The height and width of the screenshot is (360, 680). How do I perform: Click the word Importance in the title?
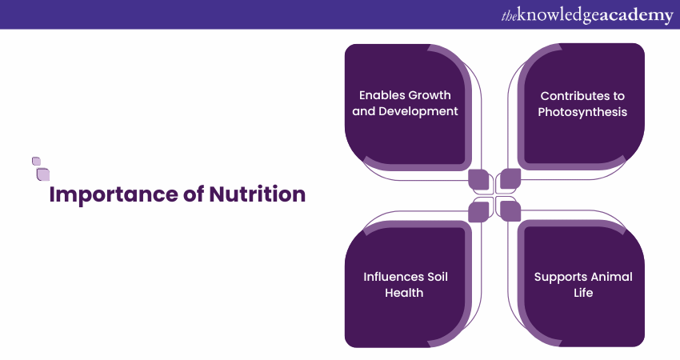(x=114, y=194)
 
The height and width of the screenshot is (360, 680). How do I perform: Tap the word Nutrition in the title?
(x=257, y=194)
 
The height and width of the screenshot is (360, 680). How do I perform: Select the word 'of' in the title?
(x=194, y=194)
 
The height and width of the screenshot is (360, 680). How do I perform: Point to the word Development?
(x=418, y=111)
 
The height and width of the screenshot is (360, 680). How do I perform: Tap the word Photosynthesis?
(x=582, y=112)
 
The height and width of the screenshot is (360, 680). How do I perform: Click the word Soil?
(x=438, y=277)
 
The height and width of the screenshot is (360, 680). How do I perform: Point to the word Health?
(x=404, y=293)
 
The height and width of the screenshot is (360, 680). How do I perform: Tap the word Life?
(x=583, y=293)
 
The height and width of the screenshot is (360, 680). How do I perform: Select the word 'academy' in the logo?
(x=636, y=16)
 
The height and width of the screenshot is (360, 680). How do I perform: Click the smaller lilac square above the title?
(x=37, y=162)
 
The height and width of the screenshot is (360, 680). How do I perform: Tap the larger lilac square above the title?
(x=43, y=174)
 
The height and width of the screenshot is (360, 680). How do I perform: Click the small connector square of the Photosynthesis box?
(x=510, y=178)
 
